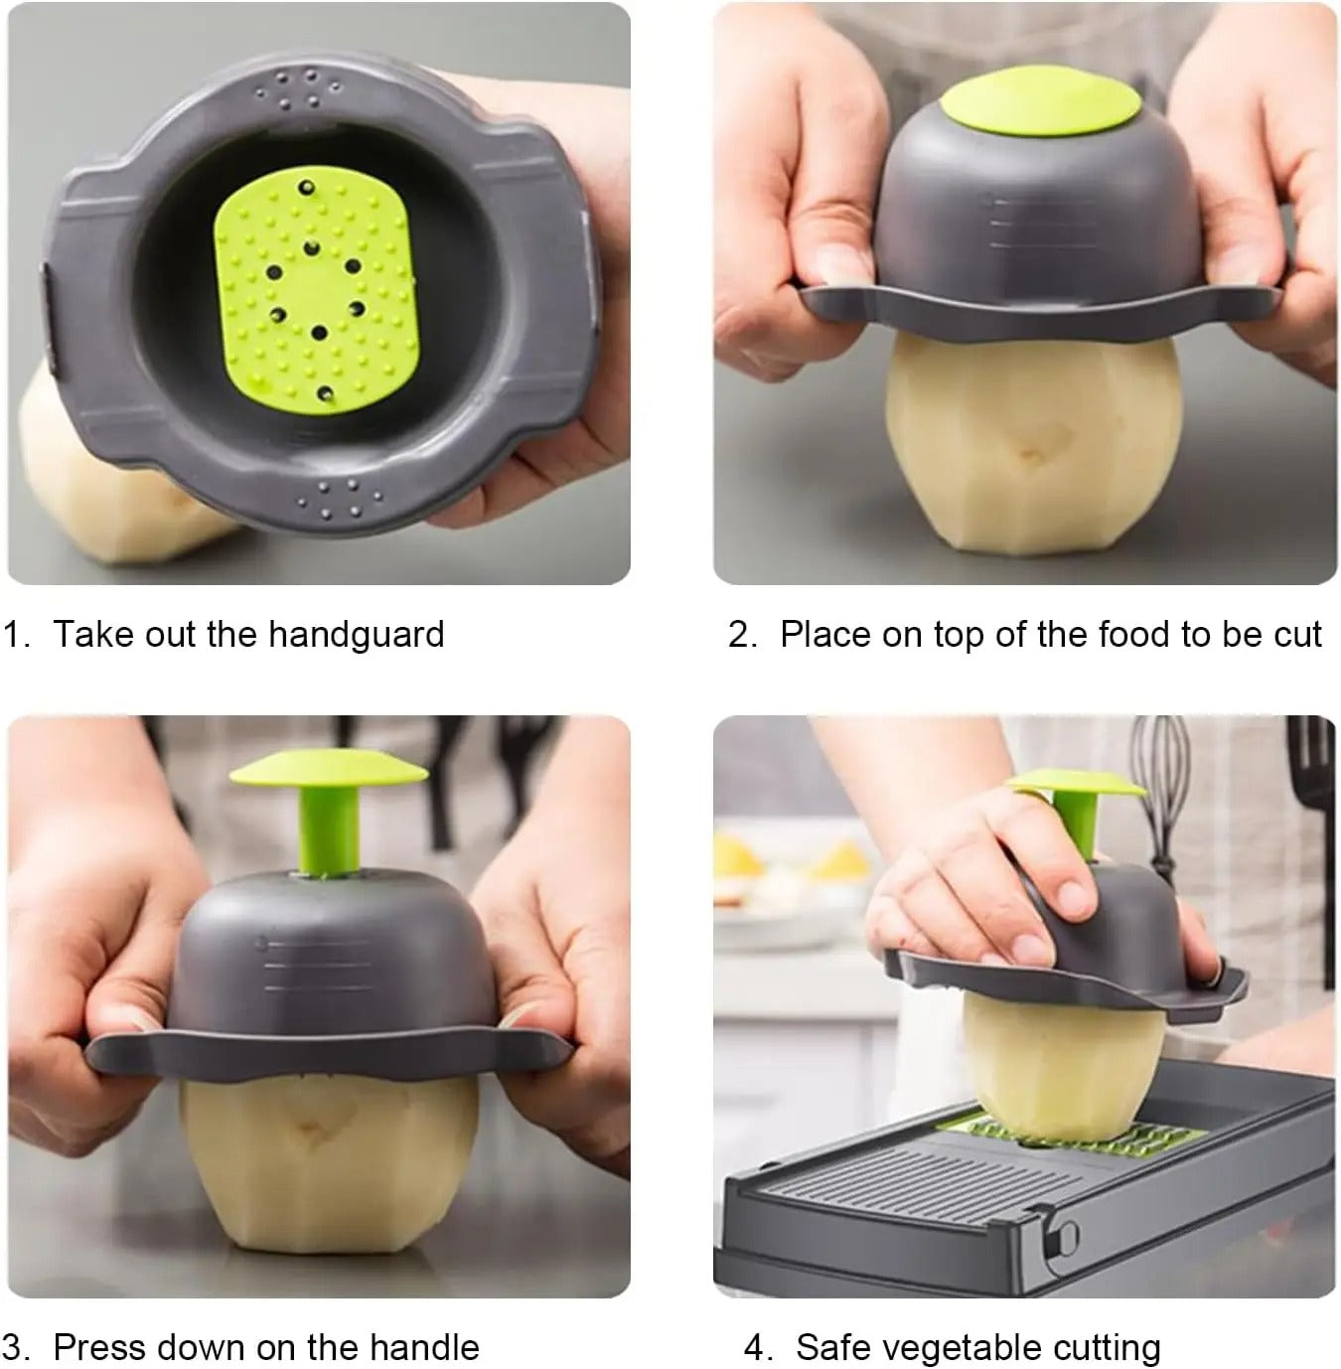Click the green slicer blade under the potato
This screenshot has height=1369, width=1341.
pyautogui.click(x=1073, y=1133)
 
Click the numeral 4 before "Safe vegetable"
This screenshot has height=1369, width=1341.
pyautogui.click(x=757, y=1347)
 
